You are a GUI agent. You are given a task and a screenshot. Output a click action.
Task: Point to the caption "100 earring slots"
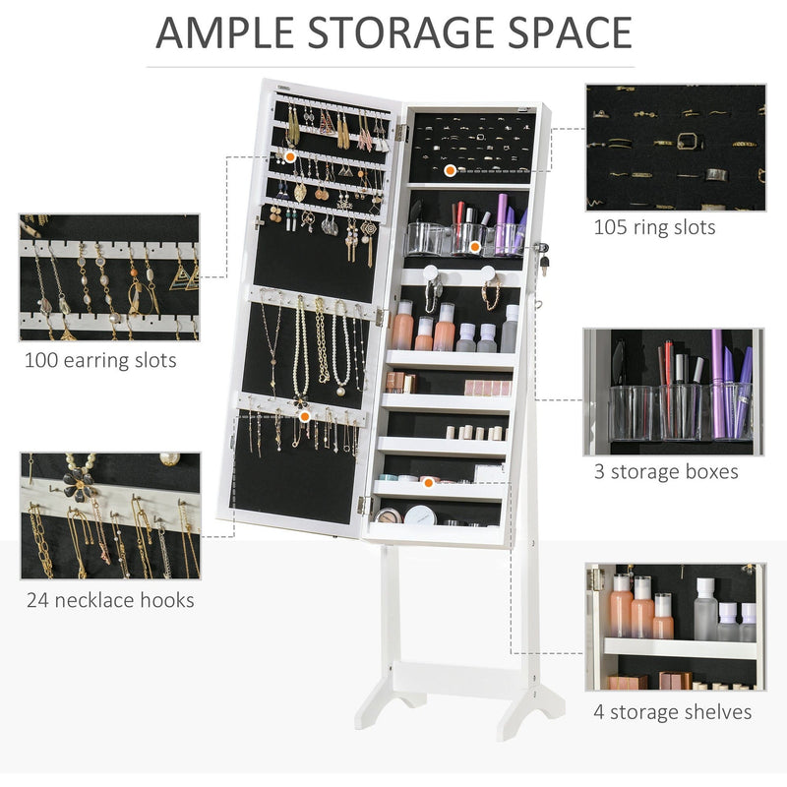[x=100, y=360]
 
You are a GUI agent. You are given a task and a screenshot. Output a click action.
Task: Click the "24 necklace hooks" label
[x=109, y=600]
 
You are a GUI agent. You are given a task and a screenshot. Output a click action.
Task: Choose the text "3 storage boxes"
[x=666, y=471]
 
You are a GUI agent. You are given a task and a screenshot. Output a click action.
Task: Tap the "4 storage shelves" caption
[x=673, y=711]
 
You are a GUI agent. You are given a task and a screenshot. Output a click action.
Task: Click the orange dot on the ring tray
[x=450, y=170]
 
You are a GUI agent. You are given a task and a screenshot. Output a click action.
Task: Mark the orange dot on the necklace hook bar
[x=305, y=416]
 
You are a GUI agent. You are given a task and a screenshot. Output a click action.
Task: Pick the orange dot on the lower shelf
[x=428, y=482]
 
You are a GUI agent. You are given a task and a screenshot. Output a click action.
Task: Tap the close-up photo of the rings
[x=675, y=148]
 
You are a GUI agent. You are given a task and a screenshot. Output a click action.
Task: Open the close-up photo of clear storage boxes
[x=675, y=391]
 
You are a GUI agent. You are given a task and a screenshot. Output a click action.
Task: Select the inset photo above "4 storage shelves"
[x=675, y=627]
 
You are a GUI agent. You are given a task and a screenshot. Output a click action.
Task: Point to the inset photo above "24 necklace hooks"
[x=109, y=515]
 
